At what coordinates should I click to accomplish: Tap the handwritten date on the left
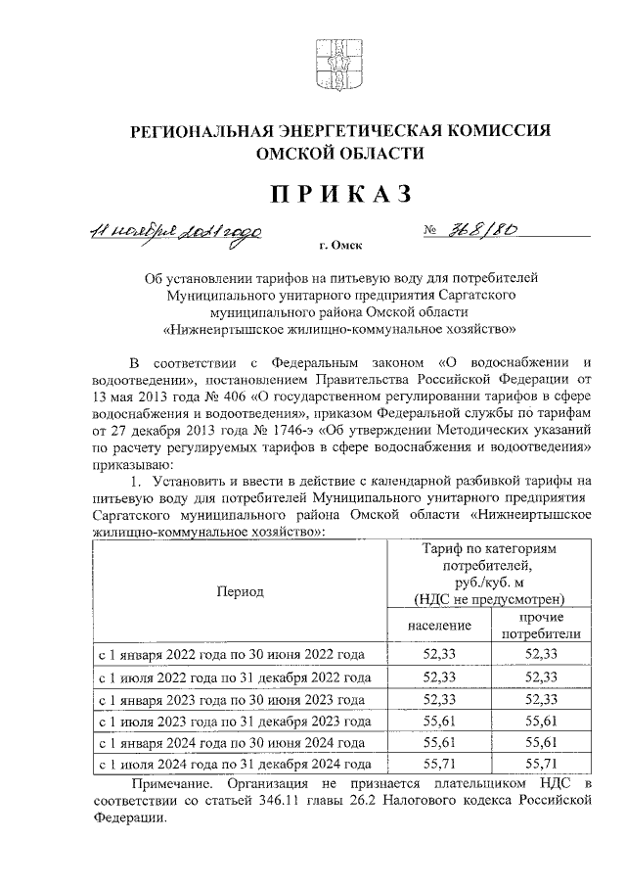(175, 233)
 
